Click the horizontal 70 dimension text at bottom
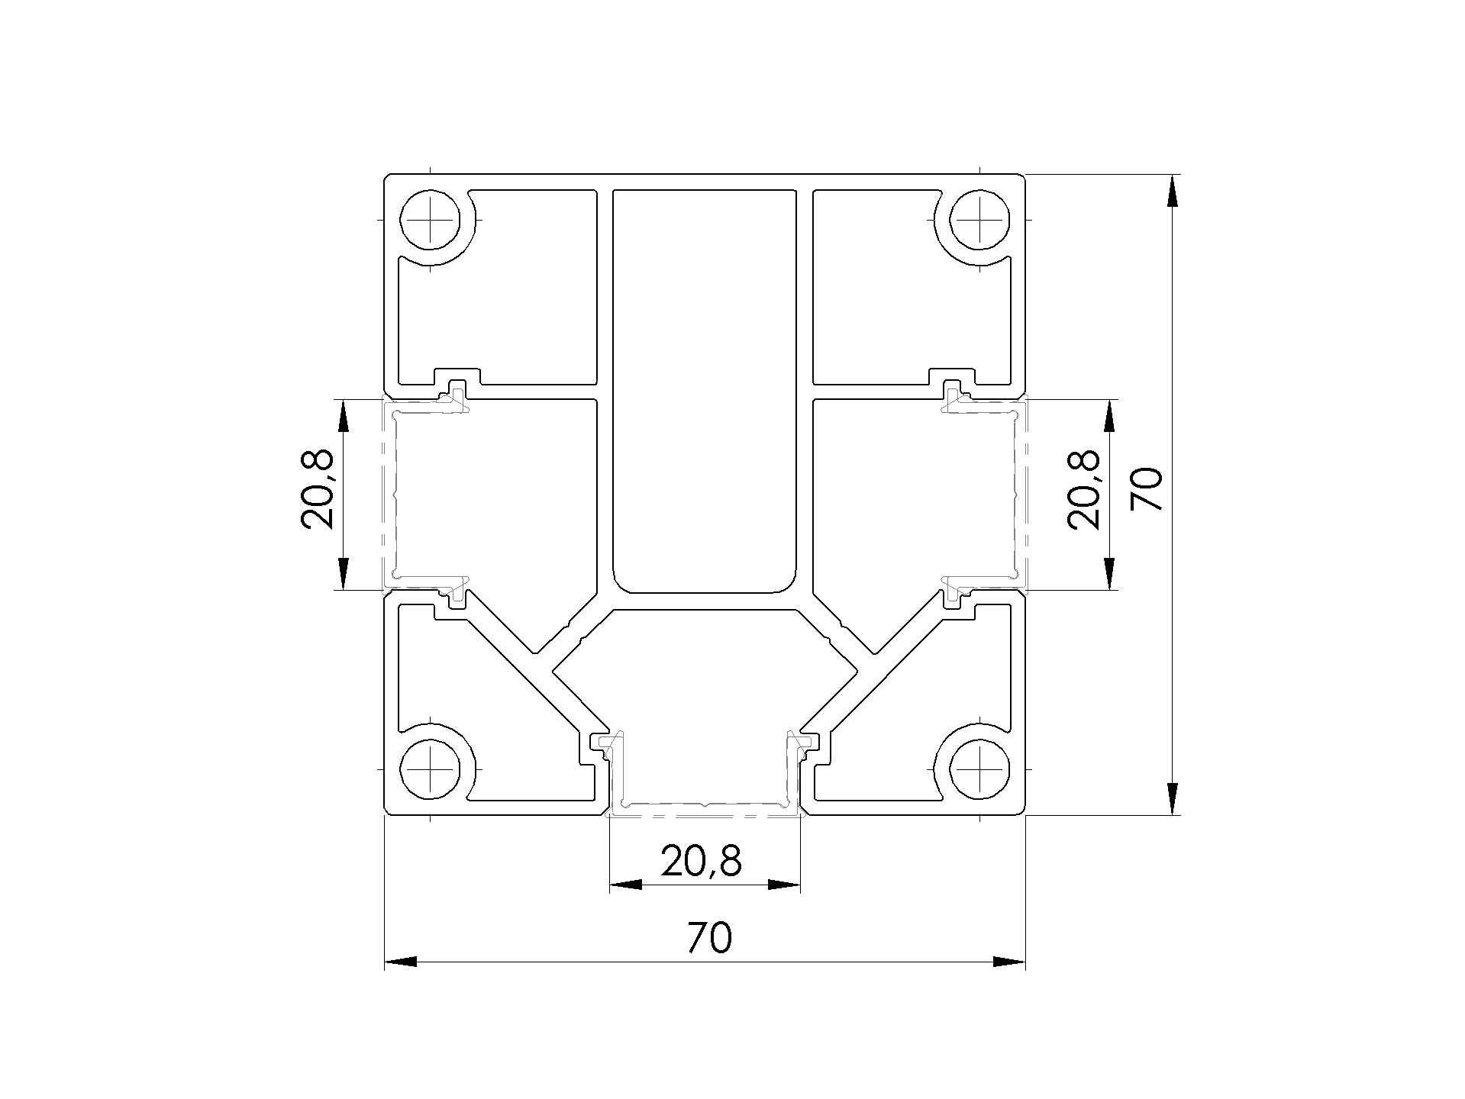pos(709,938)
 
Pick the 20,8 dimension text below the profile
pos(701,862)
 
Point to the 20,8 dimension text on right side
pos(1084,489)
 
